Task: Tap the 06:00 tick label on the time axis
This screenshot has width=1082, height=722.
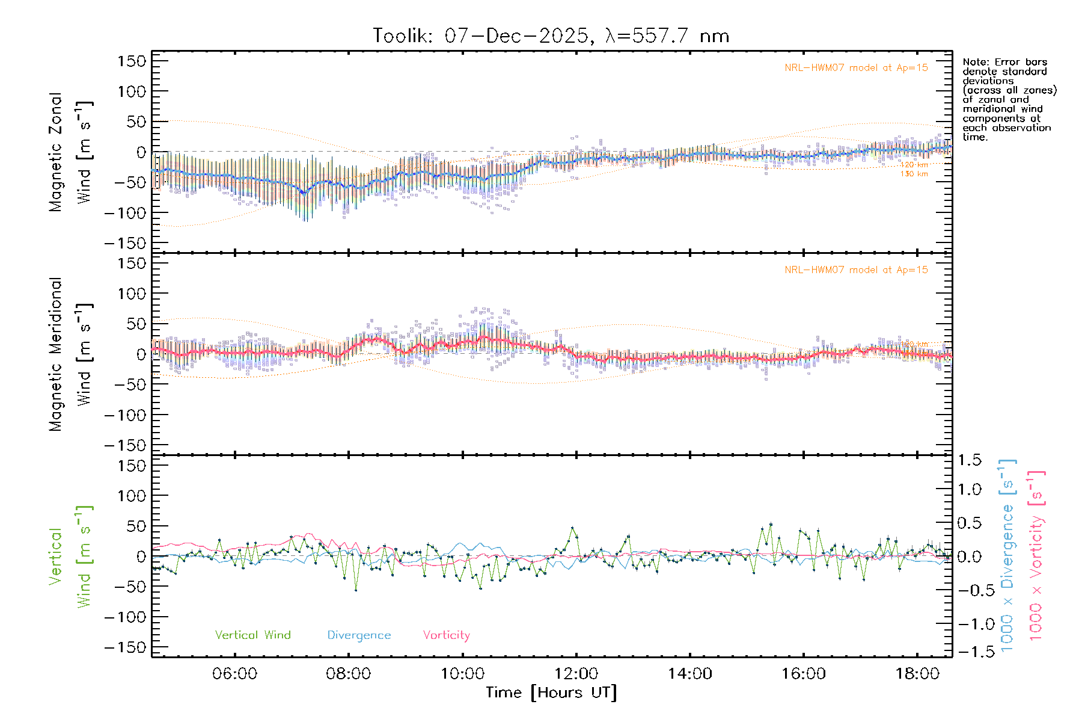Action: [x=234, y=674]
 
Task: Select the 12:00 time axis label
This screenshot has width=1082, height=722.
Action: [x=576, y=674]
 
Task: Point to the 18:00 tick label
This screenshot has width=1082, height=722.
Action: [x=917, y=674]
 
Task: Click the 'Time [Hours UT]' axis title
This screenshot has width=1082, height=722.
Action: [x=551, y=693]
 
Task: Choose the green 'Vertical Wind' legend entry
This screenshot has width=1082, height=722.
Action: [x=252, y=635]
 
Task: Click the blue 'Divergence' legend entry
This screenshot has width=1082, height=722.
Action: [x=359, y=635]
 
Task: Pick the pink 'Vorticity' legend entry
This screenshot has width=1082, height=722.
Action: [x=446, y=635]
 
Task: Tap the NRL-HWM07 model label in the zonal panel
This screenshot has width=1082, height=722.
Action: [x=856, y=68]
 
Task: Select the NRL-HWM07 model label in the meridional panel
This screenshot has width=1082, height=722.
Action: [x=856, y=270]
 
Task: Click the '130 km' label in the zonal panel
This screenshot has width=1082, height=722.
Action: [x=914, y=174]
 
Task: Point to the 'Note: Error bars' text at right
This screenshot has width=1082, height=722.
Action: [x=1005, y=63]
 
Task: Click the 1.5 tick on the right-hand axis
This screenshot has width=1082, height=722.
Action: [x=970, y=460]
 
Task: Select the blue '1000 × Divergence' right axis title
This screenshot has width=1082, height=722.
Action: [x=1007, y=555]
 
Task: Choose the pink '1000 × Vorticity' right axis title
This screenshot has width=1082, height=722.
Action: [x=1036, y=555]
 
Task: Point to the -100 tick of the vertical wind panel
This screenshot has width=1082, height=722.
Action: [x=125, y=617]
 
